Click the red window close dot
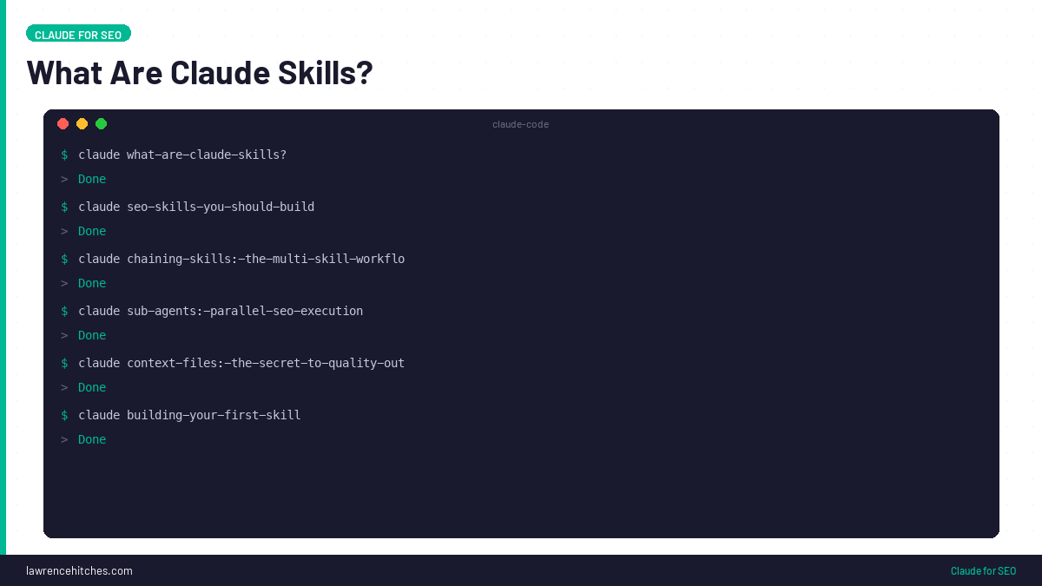tap(63, 124)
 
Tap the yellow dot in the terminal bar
tap(82, 124)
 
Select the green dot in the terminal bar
tap(102, 124)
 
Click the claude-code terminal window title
tap(520, 124)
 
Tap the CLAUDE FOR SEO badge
tap(78, 35)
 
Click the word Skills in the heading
tap(322, 73)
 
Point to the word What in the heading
tap(63, 73)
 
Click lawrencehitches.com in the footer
tap(79, 570)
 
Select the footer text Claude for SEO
tap(983, 570)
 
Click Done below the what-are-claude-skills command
tap(92, 179)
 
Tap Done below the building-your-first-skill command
tap(92, 439)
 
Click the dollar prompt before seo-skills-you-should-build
tap(64, 207)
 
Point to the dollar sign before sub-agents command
tap(64, 311)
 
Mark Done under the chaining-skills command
tap(92, 283)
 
